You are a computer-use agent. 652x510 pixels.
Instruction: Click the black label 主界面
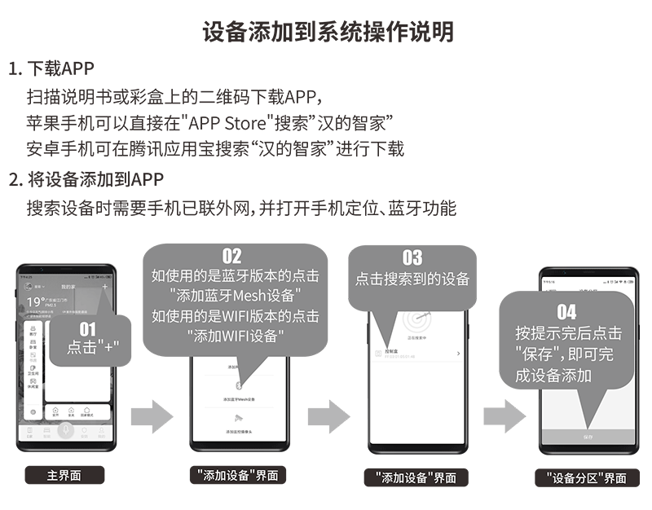tap(64, 475)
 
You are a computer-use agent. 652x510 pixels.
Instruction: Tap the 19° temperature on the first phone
tap(35, 302)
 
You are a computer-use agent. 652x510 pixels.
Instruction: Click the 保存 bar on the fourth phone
tap(587, 437)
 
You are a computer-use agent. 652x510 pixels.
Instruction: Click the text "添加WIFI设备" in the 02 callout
tap(236, 334)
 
